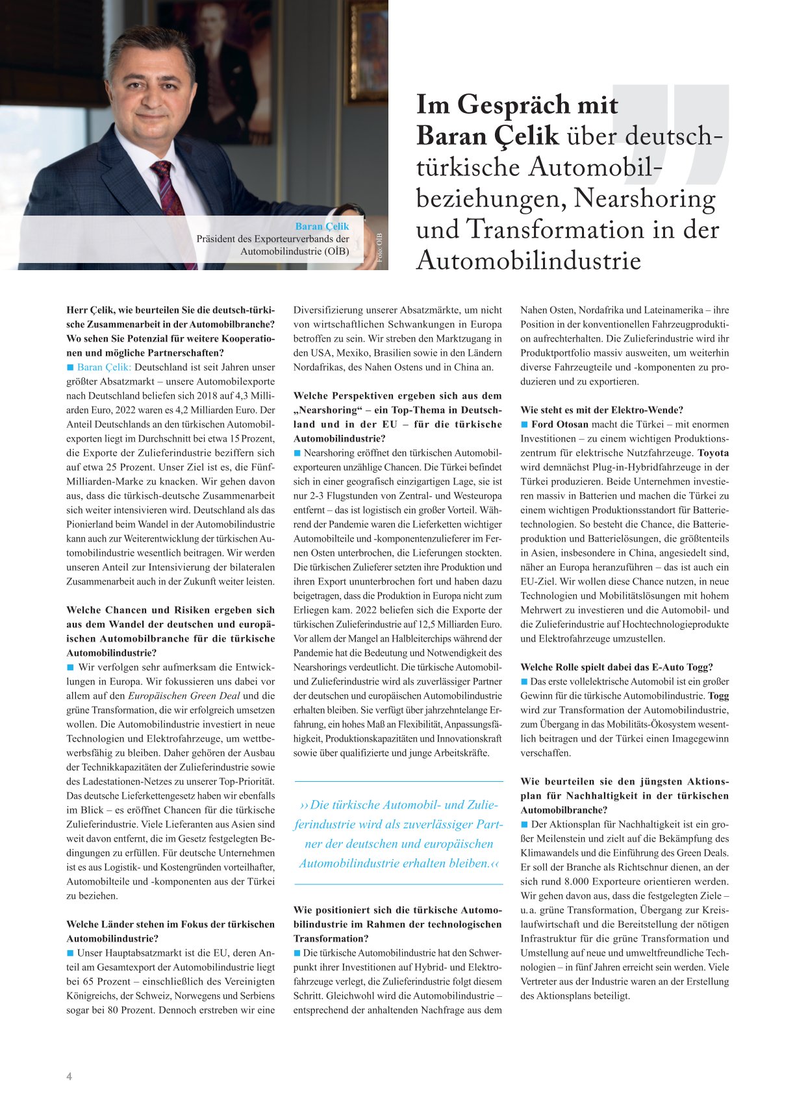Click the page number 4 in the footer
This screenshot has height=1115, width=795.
click(69, 1076)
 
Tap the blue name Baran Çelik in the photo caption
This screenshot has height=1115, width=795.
click(322, 226)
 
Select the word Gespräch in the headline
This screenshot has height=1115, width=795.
click(514, 105)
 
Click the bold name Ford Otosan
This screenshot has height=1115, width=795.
click(561, 424)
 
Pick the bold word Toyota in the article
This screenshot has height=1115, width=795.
click(713, 453)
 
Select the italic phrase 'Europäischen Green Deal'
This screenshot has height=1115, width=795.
click(184, 695)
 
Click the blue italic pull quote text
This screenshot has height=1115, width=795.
click(398, 834)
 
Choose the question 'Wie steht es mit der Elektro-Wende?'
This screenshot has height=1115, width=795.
click(601, 410)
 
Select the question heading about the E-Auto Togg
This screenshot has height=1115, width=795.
click(616, 667)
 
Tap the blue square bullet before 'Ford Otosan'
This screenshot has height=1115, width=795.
click(525, 424)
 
